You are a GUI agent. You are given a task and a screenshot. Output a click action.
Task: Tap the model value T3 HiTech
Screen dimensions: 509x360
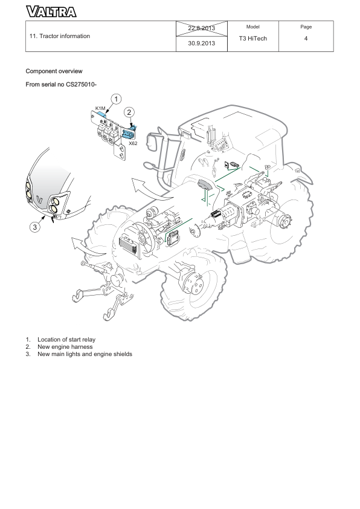[253, 39]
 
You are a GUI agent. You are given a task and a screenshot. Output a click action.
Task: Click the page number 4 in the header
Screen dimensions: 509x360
[306, 39]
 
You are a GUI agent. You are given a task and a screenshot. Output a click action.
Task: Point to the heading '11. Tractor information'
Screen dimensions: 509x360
[60, 36]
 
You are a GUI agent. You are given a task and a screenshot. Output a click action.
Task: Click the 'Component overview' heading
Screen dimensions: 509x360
[54, 71]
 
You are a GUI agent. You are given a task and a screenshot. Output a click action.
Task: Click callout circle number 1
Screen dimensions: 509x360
[116, 99]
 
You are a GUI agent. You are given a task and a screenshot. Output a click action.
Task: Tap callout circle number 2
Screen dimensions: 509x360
[130, 112]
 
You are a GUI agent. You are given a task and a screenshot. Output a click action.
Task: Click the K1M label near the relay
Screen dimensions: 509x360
[100, 108]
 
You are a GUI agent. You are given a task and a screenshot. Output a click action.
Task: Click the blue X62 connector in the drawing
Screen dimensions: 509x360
[127, 135]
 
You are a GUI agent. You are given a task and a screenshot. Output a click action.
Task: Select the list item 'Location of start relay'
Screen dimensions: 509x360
[66, 340]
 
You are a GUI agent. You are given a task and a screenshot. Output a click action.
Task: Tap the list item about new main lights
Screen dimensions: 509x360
[85, 354]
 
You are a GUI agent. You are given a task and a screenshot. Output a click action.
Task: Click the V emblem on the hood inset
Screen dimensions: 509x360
[40, 198]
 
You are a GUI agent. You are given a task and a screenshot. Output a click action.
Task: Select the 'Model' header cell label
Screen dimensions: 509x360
[253, 27]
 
